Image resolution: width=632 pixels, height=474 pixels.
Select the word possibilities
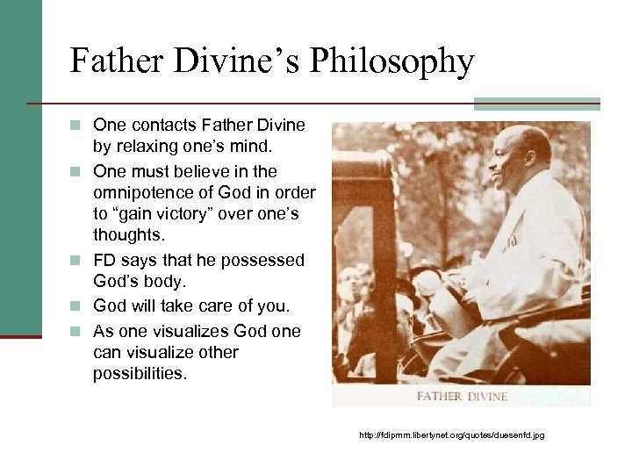coord(141,374)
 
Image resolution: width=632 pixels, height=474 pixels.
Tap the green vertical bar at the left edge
coord(20,167)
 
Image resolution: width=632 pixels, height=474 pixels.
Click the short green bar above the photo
coord(536,104)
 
